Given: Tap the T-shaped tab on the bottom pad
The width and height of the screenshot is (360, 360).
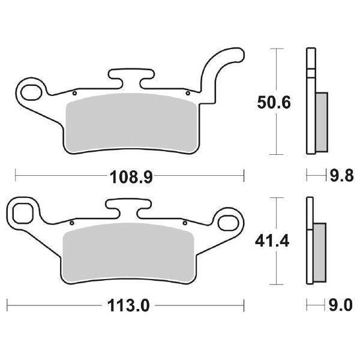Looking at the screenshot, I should [x=128, y=207].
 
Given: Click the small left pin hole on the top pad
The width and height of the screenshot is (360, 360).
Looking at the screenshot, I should [x=73, y=94].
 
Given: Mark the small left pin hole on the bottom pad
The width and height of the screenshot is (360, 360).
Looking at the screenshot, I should [x=71, y=224].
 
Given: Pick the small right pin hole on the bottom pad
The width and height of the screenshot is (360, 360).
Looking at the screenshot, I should [x=185, y=224].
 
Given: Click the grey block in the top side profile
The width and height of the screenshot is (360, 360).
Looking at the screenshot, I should [x=321, y=122].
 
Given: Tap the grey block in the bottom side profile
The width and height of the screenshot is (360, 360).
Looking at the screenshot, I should [x=320, y=253].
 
